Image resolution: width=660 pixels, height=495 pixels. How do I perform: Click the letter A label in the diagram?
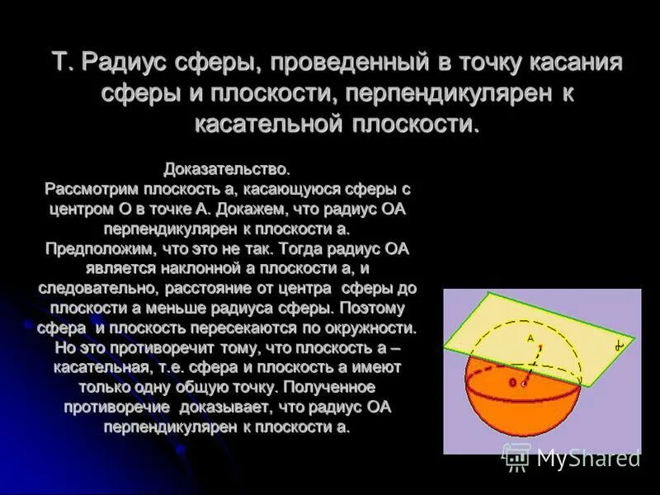[x=531, y=338]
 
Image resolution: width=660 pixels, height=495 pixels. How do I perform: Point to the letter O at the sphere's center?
[x=512, y=383]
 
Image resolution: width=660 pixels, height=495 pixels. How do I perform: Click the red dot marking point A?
[x=541, y=347]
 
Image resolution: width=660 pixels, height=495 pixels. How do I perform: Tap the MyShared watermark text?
[x=588, y=459]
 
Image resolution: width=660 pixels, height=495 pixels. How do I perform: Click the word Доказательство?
[x=227, y=170]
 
